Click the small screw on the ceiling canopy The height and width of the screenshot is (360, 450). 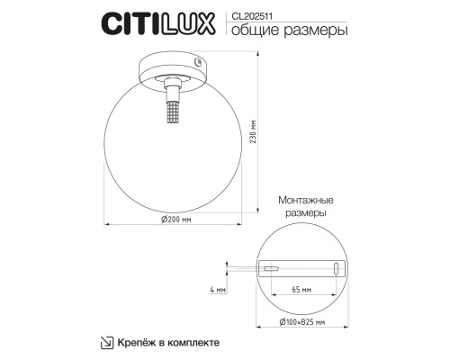coord(198,62)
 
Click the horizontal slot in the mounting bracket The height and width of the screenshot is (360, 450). coord(271,267)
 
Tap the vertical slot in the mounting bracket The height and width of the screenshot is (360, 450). coord(336,268)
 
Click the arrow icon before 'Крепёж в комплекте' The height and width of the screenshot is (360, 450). coord(106,343)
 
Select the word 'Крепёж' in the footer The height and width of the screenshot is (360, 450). coord(134,343)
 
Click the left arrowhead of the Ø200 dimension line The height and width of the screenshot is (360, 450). coord(105,221)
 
